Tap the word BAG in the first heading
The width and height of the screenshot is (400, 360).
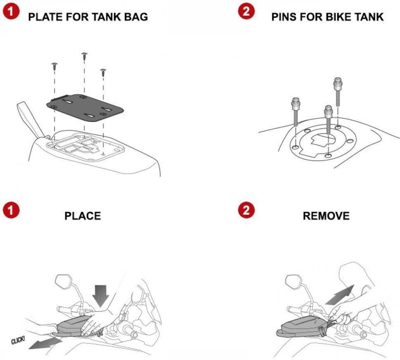pos(136,17)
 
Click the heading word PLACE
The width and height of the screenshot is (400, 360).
pos(82,216)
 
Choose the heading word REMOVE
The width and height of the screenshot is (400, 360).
pos(326,216)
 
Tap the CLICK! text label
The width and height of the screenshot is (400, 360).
pos(18,340)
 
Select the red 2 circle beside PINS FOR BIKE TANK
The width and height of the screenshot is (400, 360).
pos(246,12)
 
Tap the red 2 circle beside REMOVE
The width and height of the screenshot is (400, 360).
pos(246,211)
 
